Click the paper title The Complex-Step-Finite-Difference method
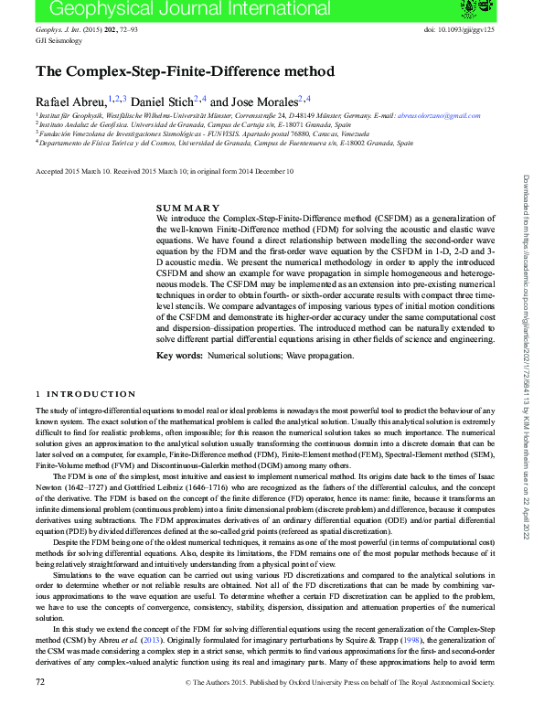tap(185, 71)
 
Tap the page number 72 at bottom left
tap(40, 707)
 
